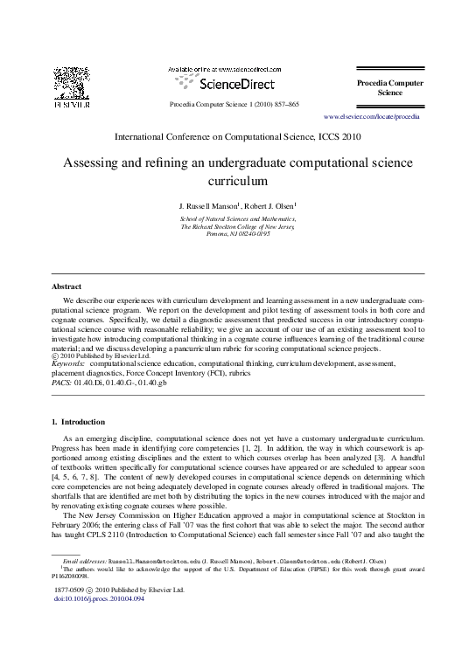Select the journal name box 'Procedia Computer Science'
click(389, 87)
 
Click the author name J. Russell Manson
click(208, 206)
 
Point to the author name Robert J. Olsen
click(269, 206)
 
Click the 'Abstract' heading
click(66, 286)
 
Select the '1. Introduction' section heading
click(79, 423)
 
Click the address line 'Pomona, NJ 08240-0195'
click(238, 234)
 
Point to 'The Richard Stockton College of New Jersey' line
click(238, 226)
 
